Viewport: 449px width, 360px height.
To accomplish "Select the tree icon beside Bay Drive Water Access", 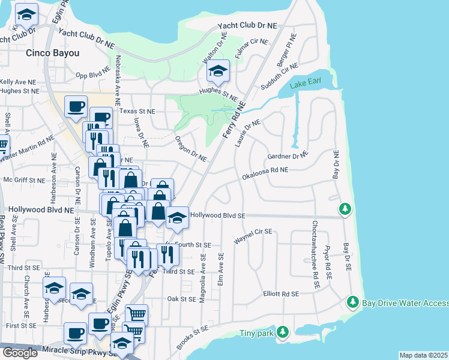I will coord(354,301).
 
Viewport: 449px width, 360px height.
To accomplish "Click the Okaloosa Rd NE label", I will coord(265,174).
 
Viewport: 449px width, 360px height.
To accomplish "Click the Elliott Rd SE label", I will coord(281,294).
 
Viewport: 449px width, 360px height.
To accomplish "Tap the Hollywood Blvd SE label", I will coord(218,215).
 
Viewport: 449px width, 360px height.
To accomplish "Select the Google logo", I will coord(20,353).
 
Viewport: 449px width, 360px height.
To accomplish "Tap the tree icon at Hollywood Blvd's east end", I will coord(345,209).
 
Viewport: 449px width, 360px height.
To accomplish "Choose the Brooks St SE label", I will coord(193,338).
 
